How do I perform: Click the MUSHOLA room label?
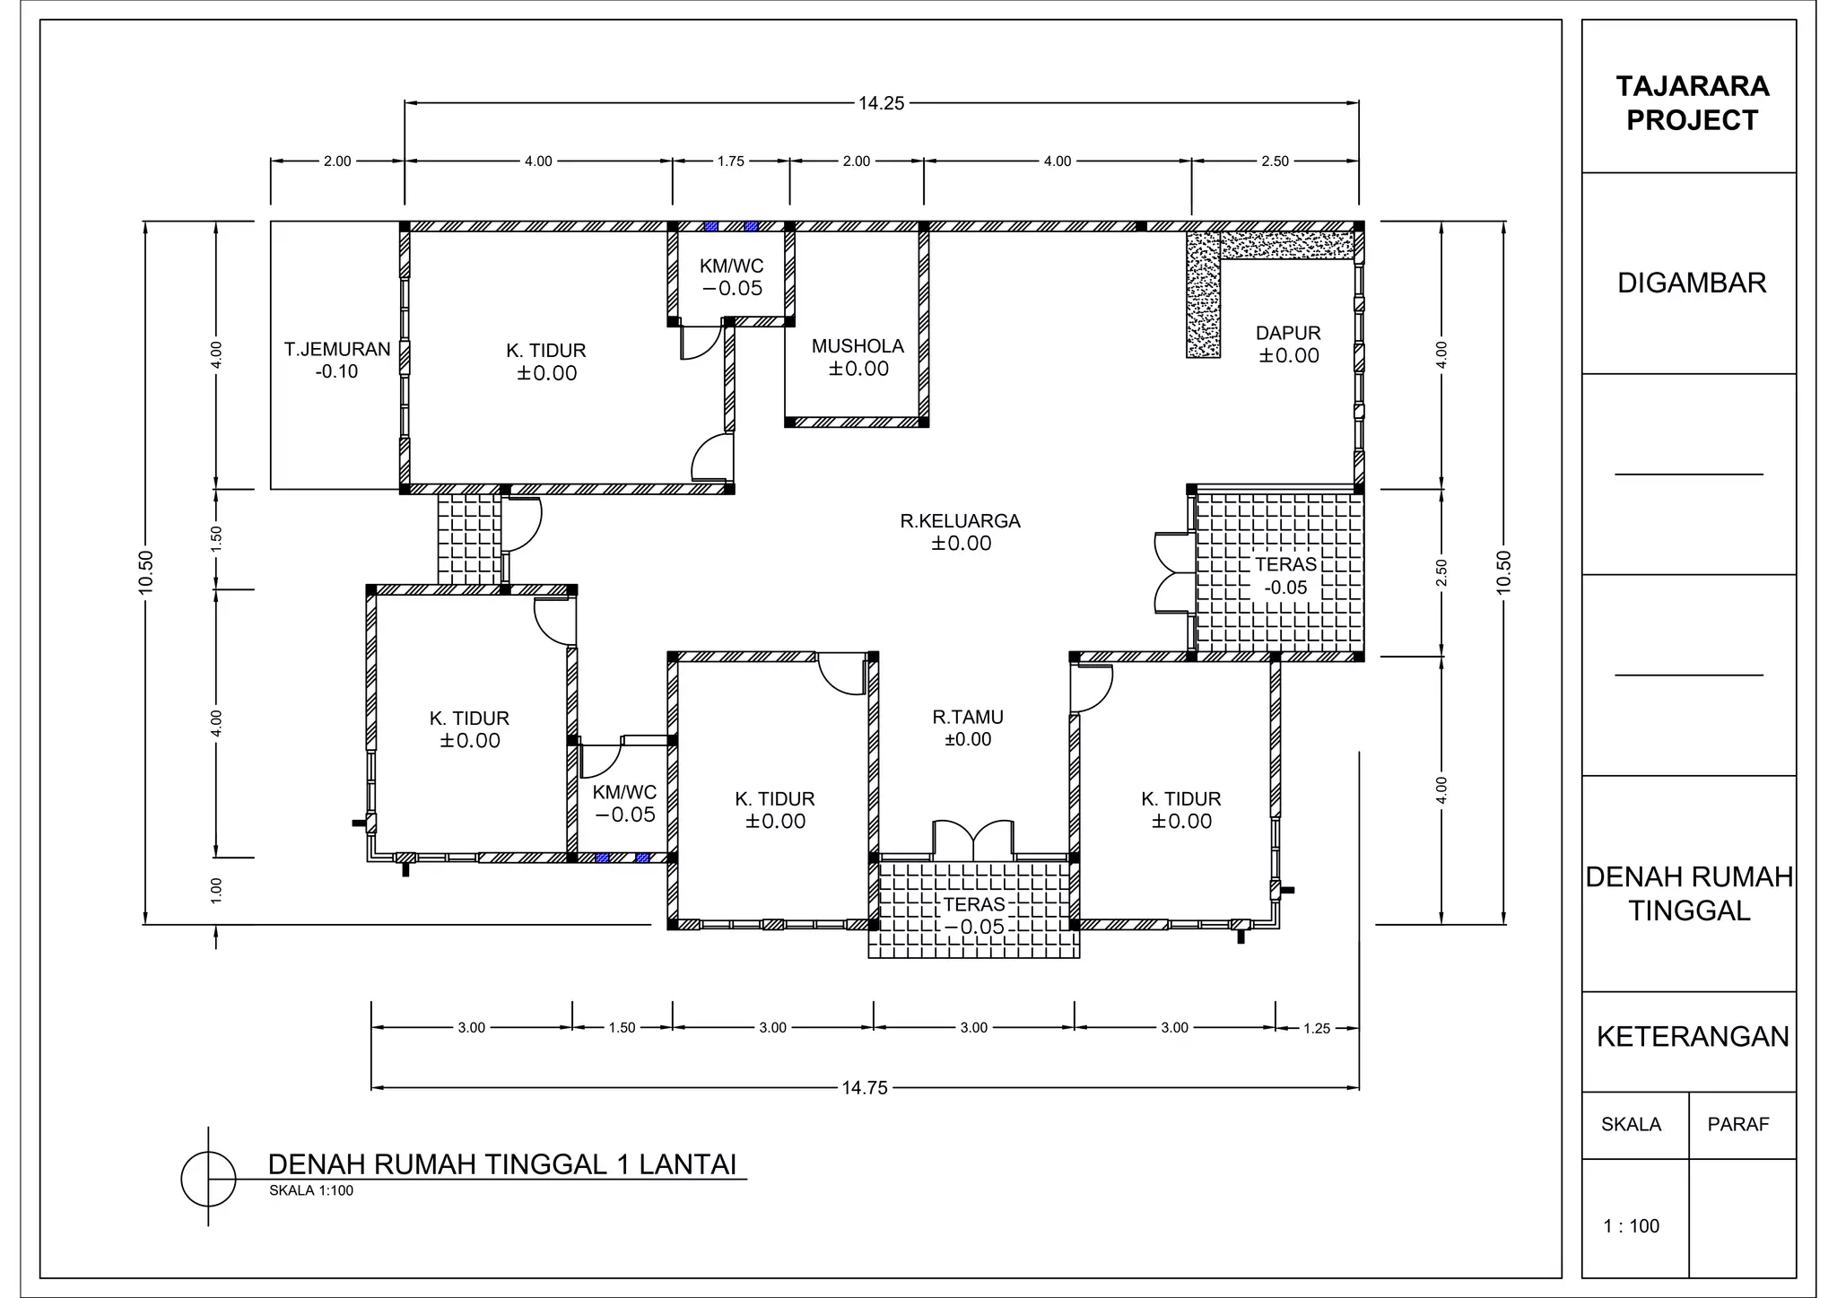[x=858, y=346]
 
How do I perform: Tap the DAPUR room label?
[x=1288, y=334]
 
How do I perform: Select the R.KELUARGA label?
[x=961, y=521]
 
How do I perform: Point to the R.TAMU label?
[x=968, y=718]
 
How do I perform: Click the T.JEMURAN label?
[x=337, y=350]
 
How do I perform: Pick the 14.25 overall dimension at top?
[x=881, y=103]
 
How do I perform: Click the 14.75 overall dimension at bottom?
[x=865, y=1088]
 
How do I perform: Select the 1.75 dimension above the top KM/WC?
[x=730, y=161]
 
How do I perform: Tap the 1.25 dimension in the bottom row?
[x=1316, y=1028]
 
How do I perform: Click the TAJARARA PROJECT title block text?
[x=1692, y=103]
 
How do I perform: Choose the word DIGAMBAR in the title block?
[x=1692, y=283]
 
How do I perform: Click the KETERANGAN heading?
[x=1692, y=1037]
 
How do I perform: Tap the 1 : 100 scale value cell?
[x=1632, y=1226]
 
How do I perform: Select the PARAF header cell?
[x=1737, y=1125]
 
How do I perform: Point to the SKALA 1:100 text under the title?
[x=311, y=1191]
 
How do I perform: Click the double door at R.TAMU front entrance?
[x=974, y=839]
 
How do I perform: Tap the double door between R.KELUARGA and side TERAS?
[x=1171, y=572]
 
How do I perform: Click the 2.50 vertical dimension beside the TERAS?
[x=1441, y=572]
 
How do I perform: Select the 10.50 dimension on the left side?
[x=146, y=572]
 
